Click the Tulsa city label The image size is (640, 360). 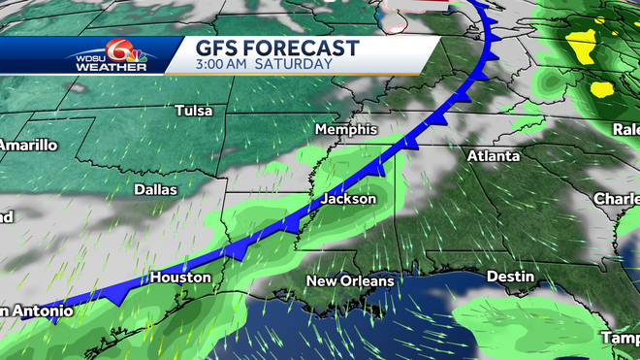pyautogui.click(x=194, y=111)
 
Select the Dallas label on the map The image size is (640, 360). pyautogui.click(x=155, y=189)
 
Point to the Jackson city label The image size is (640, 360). pyautogui.click(x=348, y=199)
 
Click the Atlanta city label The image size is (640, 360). pyautogui.click(x=494, y=155)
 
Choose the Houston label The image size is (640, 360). pyautogui.click(x=179, y=278)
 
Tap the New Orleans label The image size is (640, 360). pyautogui.click(x=350, y=281)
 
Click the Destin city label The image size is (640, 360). pyautogui.click(x=510, y=277)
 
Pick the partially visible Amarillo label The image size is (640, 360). pyautogui.click(x=28, y=145)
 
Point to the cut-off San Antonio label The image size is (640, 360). pyautogui.click(x=36, y=311)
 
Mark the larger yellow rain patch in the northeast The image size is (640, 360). pyautogui.click(x=582, y=43)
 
